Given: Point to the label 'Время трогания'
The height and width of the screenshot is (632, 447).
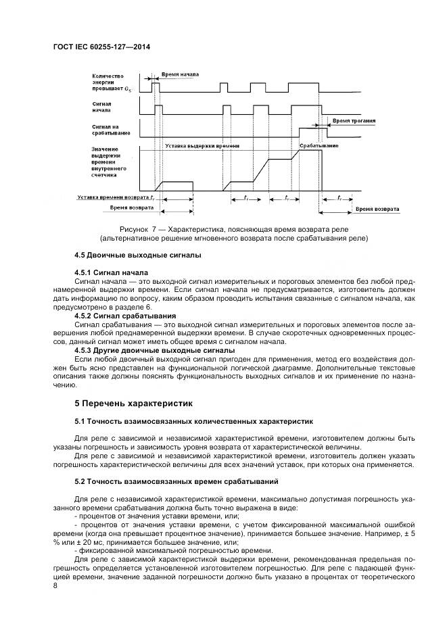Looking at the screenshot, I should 354,120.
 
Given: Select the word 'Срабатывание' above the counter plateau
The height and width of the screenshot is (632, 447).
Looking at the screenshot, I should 319,145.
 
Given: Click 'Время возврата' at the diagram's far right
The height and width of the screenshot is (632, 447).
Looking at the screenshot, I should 377,209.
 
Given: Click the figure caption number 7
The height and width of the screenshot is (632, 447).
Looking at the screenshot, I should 154,229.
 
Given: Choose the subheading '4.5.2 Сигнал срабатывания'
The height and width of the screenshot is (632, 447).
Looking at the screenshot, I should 125,316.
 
